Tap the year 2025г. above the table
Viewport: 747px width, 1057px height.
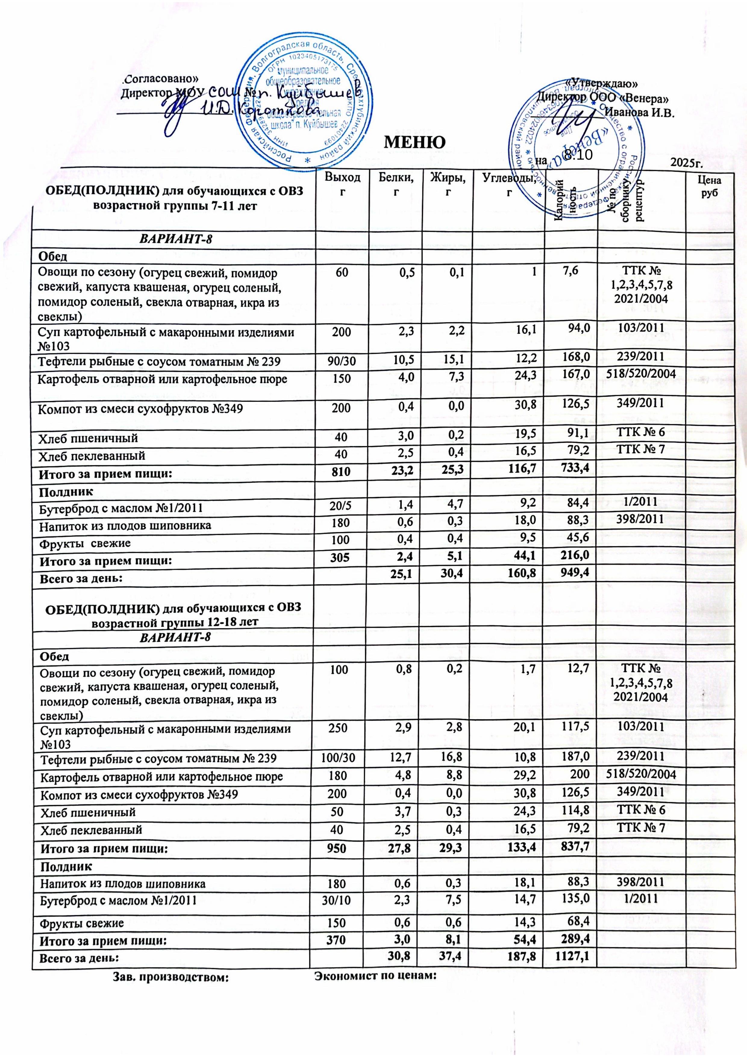(x=689, y=162)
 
